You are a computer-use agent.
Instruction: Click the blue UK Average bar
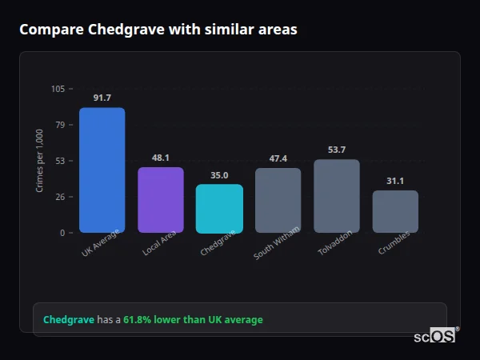102,170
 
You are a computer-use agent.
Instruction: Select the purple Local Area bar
161,200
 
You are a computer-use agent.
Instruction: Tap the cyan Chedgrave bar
219,209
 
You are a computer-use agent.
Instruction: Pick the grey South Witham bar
278,200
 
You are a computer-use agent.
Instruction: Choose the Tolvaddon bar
337,196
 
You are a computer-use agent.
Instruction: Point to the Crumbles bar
395,211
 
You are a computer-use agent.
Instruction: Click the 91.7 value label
102,98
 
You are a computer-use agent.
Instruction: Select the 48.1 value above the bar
161,158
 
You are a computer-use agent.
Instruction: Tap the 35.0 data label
219,175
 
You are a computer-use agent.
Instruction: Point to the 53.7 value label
337,150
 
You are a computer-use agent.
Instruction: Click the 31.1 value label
395,181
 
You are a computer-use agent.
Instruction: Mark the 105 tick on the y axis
58,89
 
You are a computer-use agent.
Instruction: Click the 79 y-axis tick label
60,125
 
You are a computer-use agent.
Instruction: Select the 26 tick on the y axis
60,197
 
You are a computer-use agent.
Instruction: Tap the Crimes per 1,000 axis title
40,161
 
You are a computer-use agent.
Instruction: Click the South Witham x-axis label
276,245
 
